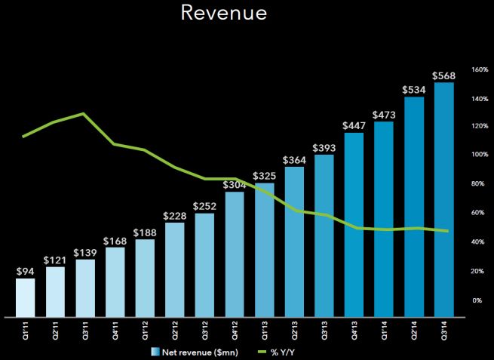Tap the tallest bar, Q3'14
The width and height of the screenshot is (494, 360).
click(443, 199)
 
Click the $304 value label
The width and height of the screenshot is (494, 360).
click(235, 183)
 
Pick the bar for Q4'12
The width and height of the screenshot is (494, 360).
click(235, 254)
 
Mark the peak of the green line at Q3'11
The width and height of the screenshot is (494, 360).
click(82, 114)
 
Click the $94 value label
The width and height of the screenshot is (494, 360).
click(26, 270)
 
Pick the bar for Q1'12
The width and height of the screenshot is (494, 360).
click(145, 277)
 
